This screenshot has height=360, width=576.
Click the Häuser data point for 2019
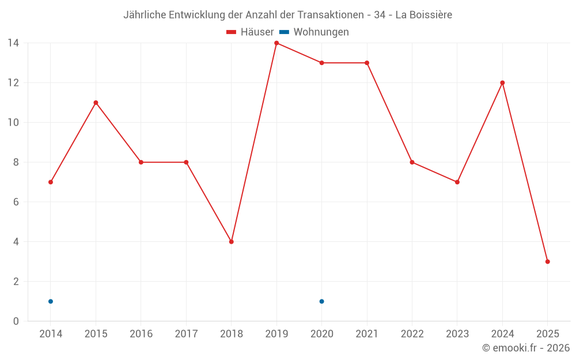276,43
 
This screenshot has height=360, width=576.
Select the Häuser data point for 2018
232,242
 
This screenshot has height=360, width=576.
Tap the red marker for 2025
548,262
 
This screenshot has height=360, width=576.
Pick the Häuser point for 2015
96,103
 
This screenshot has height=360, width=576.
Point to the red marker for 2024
502,83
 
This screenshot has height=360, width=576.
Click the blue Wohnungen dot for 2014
51,301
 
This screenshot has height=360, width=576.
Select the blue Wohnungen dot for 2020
321,301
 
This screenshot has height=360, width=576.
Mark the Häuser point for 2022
412,162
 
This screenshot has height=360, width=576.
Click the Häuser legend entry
250,32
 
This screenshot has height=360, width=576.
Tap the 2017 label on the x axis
186,334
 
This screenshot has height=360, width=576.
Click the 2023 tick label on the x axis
457,334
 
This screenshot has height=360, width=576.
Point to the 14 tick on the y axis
13,43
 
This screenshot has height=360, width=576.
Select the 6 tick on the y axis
16,202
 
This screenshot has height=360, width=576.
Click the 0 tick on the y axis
16,321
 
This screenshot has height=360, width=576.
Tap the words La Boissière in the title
424,14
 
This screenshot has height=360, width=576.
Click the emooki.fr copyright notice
525,348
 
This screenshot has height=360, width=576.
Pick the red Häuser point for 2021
367,63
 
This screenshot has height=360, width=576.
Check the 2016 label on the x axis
141,334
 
